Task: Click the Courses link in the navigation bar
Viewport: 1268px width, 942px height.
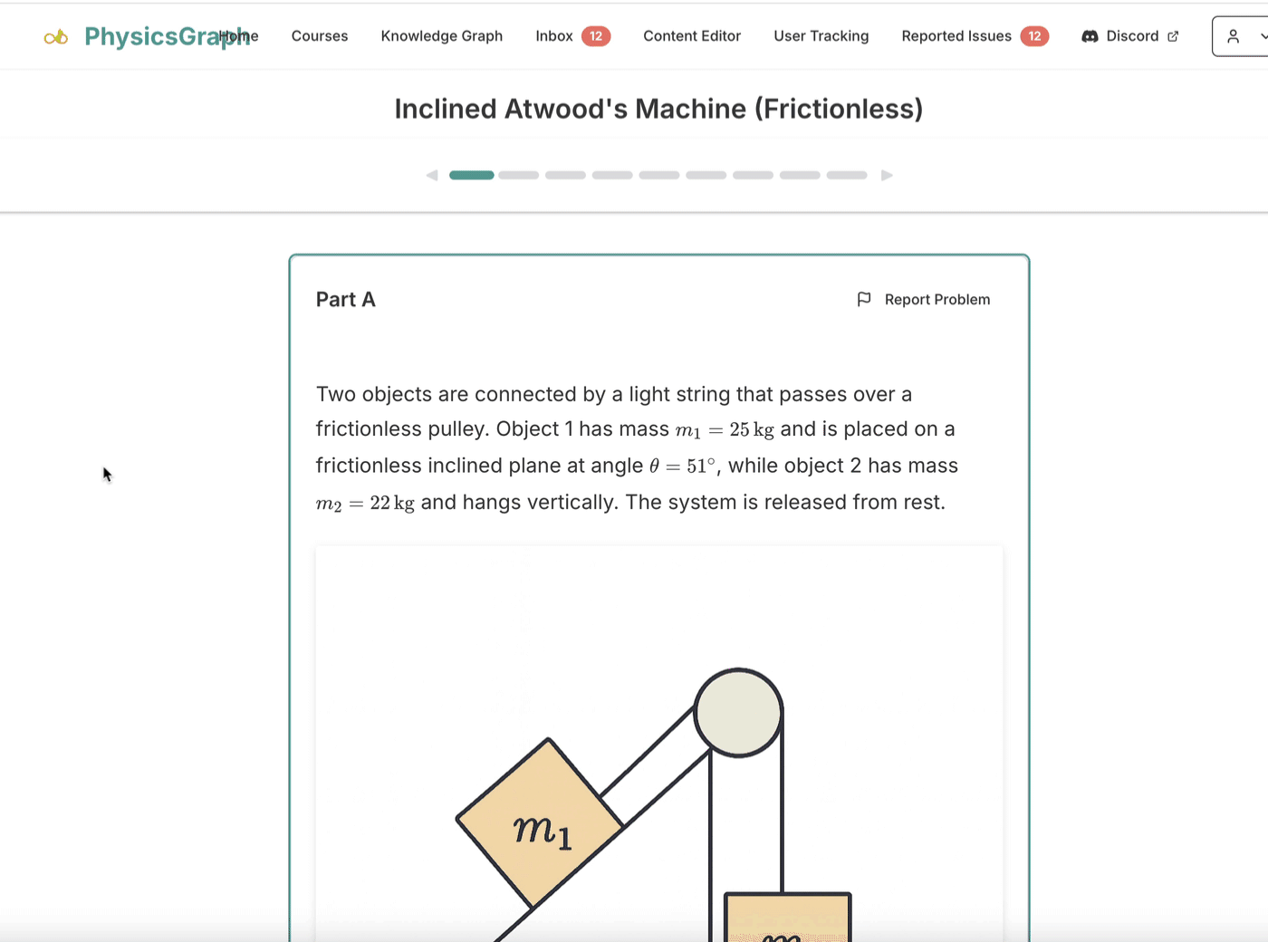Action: point(320,36)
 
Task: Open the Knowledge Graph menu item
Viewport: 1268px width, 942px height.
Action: point(441,36)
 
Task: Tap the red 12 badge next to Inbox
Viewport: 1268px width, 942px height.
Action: point(596,36)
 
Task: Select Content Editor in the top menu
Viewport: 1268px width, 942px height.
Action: point(692,36)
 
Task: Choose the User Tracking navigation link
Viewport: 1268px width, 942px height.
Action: point(821,36)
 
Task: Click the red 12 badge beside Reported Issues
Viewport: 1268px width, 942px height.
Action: point(1034,36)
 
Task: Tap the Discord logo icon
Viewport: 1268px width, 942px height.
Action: point(1090,36)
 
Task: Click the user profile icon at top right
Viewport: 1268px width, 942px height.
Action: point(1233,36)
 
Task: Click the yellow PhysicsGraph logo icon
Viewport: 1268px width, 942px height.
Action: point(56,38)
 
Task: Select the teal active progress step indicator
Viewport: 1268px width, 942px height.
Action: point(472,175)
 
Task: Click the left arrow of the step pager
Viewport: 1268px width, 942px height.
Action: point(432,175)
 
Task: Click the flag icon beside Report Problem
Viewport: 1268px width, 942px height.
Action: point(864,299)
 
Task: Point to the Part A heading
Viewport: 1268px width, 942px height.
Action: point(345,299)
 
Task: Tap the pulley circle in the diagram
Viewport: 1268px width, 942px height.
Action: point(738,713)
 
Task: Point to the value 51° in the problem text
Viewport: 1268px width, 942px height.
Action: point(701,466)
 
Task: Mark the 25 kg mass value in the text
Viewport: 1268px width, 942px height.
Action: point(752,429)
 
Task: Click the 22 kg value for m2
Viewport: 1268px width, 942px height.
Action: point(392,503)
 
